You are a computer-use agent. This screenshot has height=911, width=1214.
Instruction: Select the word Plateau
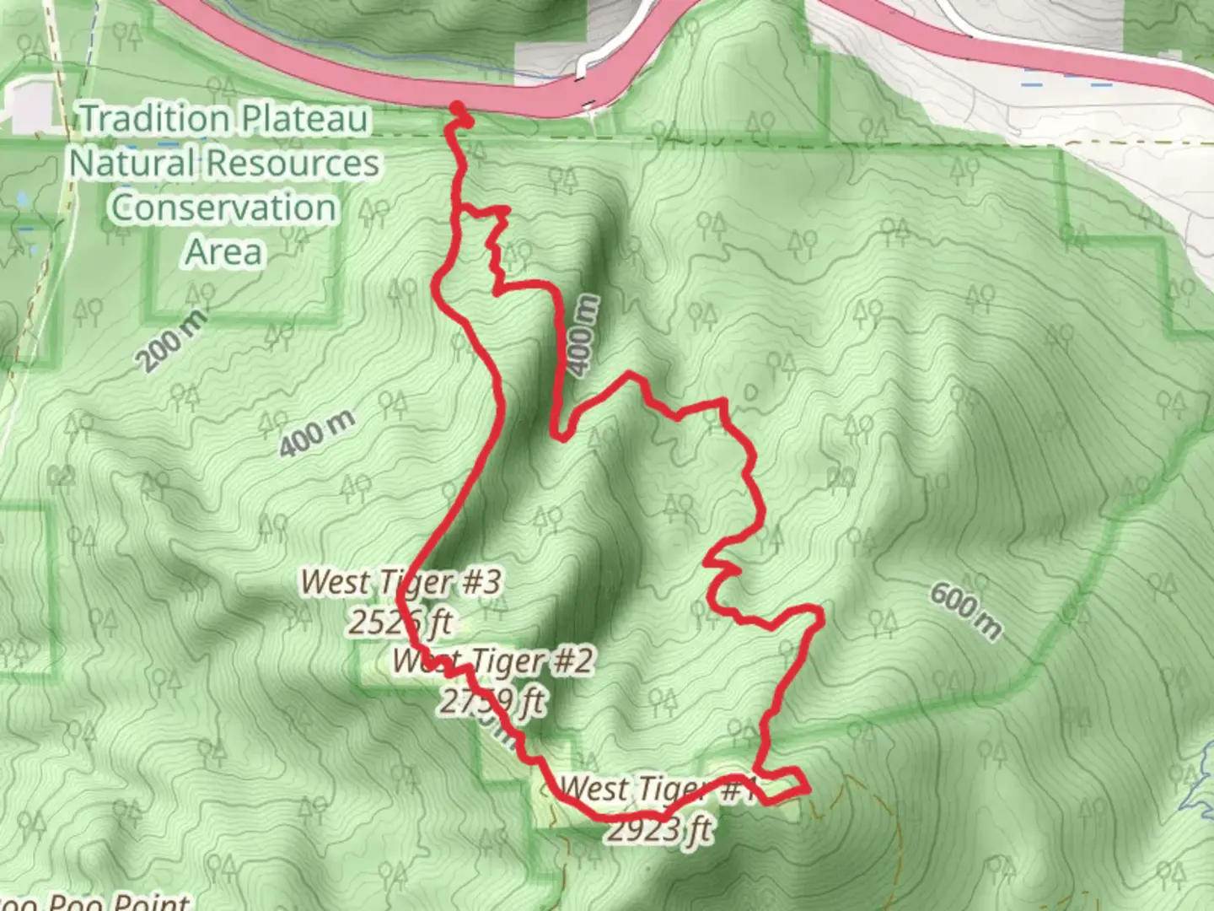302,119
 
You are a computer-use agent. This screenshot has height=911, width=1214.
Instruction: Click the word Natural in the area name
132,163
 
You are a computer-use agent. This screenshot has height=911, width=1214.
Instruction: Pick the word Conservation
223,208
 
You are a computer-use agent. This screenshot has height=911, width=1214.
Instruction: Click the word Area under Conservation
223,251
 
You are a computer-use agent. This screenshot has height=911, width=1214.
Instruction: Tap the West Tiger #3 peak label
401,581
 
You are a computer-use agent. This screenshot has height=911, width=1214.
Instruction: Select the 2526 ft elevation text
401,623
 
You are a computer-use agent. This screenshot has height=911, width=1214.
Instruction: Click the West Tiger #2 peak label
493,660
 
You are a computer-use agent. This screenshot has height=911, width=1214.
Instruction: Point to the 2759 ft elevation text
492,701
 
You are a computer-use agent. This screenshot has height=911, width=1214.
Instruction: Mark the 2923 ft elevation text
659,830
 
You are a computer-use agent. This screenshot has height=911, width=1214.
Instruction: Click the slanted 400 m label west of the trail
317,434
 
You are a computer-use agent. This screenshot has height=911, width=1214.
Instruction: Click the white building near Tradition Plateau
32,105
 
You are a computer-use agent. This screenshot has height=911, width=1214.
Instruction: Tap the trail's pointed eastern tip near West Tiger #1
808,789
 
